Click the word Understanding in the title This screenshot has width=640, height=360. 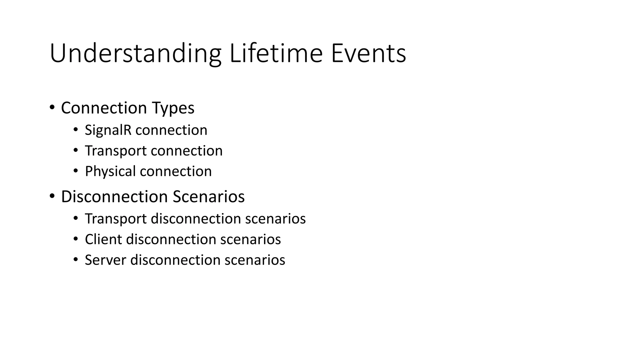click(135, 54)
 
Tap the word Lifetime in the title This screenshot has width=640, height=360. click(276, 53)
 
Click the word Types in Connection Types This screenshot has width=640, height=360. click(173, 108)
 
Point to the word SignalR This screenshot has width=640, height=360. click(108, 130)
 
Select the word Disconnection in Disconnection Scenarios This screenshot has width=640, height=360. click(114, 197)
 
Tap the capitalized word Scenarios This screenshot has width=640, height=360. click(208, 197)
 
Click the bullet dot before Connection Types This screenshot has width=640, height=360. click(52, 107)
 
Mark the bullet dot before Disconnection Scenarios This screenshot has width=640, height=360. click(52, 196)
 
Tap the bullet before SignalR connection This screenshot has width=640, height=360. click(76, 130)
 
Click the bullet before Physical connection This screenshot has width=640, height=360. click(76, 171)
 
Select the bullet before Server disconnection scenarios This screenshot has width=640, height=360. click(76, 260)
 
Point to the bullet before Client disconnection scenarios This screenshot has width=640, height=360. click(76, 239)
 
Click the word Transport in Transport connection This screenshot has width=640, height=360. click(116, 151)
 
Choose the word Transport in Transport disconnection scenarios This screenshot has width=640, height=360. click(116, 219)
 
